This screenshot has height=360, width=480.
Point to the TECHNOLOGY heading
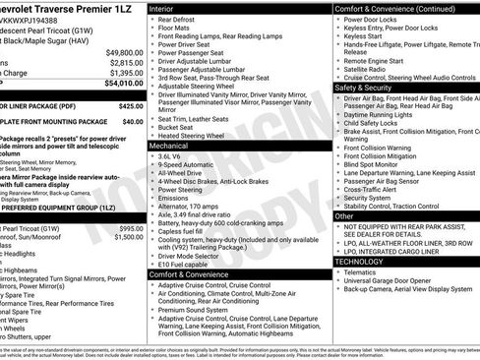pyautogui.click(x=360, y=262)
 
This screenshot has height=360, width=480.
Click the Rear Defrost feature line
pyautogui.click(x=181, y=19)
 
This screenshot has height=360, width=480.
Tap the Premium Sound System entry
pyautogui.click(x=196, y=309)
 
